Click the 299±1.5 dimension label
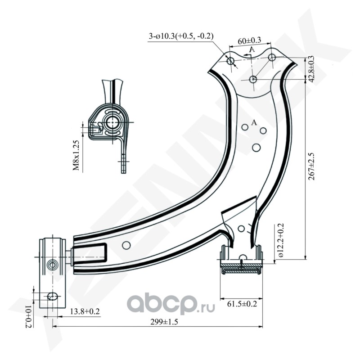click(164, 322)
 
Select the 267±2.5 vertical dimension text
click(312, 166)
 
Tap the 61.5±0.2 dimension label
click(242, 304)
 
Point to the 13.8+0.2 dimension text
click(85, 311)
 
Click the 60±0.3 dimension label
click(249, 40)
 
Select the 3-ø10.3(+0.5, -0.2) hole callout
click(181, 36)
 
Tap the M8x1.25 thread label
click(76, 155)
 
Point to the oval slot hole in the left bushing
click(53, 297)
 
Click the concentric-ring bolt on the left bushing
click(52, 265)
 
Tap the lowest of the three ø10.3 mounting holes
click(253, 79)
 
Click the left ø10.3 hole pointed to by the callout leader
click(230, 61)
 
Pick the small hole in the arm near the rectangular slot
click(126, 245)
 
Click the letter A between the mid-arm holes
click(254, 122)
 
